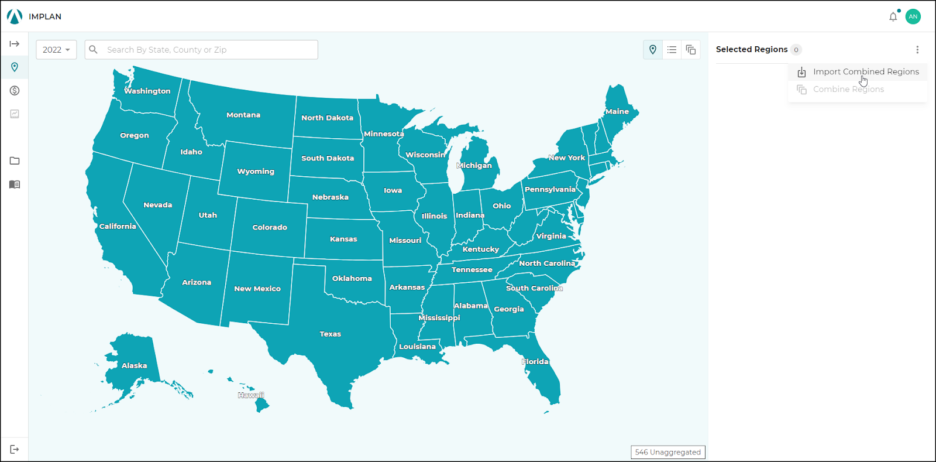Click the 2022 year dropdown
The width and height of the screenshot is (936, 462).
56,50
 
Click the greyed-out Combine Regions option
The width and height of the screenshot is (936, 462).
848,89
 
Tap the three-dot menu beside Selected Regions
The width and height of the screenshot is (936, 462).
917,50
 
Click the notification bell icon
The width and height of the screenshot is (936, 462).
893,17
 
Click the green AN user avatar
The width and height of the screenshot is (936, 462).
913,17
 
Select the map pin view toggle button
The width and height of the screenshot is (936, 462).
653,50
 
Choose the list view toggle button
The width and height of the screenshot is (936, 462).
672,50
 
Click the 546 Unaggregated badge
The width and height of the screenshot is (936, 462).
667,452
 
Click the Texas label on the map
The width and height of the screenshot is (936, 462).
330,334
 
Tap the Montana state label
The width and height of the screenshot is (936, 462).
243,115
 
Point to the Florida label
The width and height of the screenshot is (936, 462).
535,362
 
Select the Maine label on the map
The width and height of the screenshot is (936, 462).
617,111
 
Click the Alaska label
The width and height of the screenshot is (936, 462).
134,366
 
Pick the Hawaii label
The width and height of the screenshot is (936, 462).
250,395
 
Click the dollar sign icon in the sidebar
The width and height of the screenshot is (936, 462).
15,91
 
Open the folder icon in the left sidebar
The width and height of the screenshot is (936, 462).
15,161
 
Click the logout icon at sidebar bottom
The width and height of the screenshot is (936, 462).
15,449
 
